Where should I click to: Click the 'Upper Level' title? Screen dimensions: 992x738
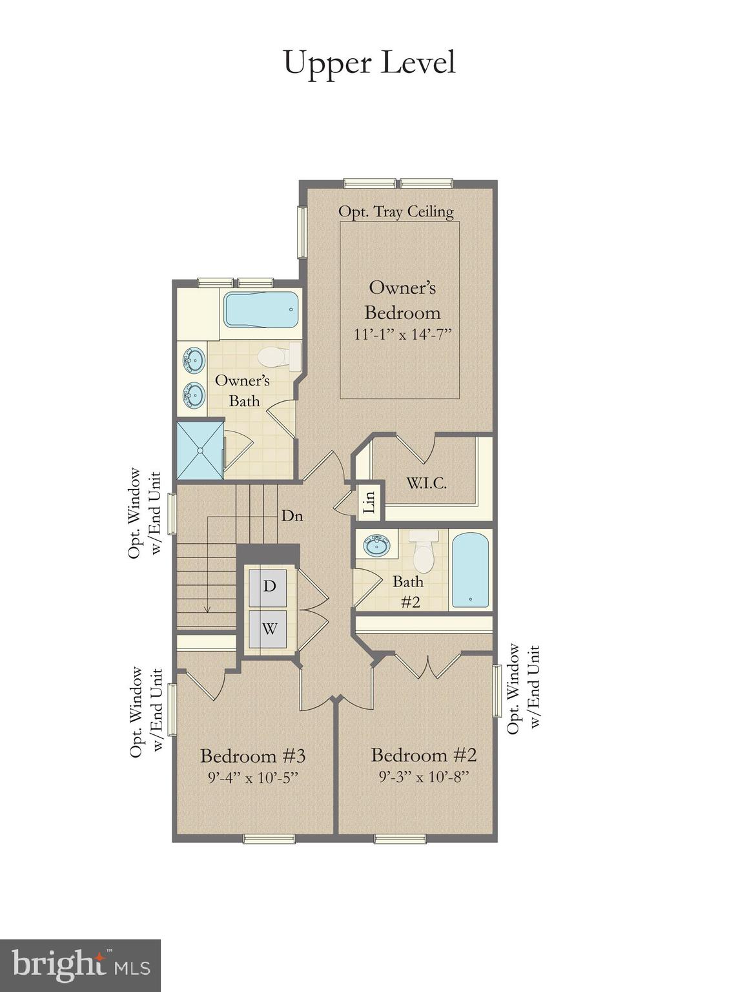coord(369,63)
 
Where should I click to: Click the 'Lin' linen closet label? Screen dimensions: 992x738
coord(370,501)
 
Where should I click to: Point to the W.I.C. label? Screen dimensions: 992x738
coord(426,482)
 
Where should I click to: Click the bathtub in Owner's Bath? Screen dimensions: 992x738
coord(261,310)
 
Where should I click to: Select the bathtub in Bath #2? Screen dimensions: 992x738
coord(470,570)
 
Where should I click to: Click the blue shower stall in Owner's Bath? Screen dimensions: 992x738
coord(200,450)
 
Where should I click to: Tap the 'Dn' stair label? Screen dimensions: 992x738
coord(292,516)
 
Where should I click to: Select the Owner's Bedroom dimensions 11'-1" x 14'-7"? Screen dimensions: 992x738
coord(402,335)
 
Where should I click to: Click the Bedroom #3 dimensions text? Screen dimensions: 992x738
coord(252,777)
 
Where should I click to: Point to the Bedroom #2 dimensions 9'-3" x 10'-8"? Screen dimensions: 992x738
coord(424,776)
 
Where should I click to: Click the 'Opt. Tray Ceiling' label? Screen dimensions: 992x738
coord(396,212)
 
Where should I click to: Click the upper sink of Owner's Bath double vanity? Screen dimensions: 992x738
coord(194,360)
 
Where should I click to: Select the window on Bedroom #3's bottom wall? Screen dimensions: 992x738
coord(269,839)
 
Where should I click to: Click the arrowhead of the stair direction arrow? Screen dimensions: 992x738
coord(207,608)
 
